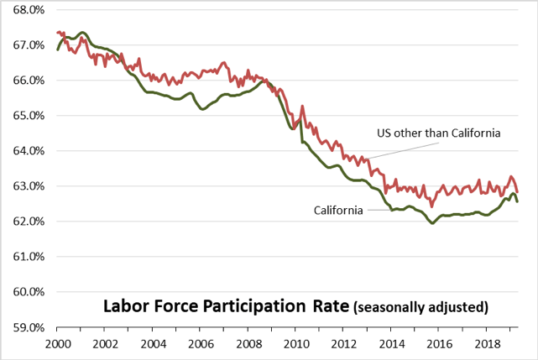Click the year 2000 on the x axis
click(58, 344)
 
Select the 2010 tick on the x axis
click(294, 344)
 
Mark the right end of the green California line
click(517, 201)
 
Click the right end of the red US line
click(517, 191)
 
